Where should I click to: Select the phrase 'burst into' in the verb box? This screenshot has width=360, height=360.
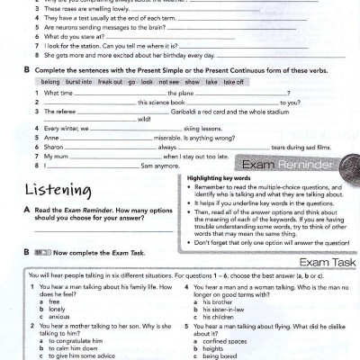tap(74, 80)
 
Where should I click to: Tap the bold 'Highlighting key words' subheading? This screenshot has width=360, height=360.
tap(219, 179)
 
